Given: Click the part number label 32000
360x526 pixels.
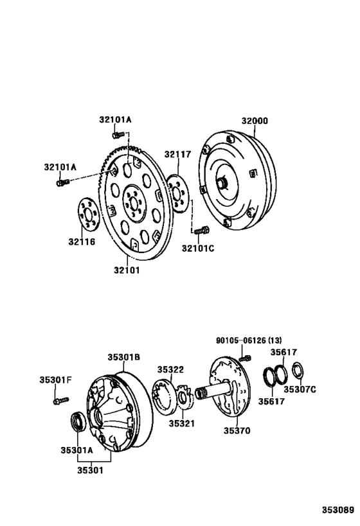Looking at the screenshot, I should pyautogui.click(x=255, y=120).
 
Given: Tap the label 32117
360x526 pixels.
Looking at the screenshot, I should pyautogui.click(x=177, y=154).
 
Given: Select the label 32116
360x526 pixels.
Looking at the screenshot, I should pyautogui.click(x=82, y=241).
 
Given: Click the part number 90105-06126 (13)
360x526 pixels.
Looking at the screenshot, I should pyautogui.click(x=248, y=340).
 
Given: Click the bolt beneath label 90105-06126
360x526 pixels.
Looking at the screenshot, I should pyautogui.click(x=244, y=355).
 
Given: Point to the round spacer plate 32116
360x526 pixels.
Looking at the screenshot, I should pyautogui.click(x=85, y=215).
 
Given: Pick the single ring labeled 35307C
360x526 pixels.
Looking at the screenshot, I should pyautogui.click(x=298, y=371).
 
